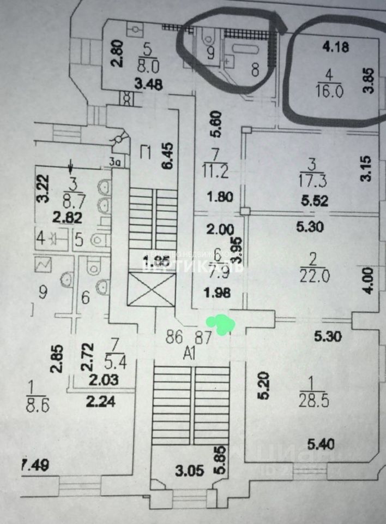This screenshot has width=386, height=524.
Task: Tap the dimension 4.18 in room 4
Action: (x=335, y=47)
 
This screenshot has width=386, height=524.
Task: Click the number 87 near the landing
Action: (x=203, y=337)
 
